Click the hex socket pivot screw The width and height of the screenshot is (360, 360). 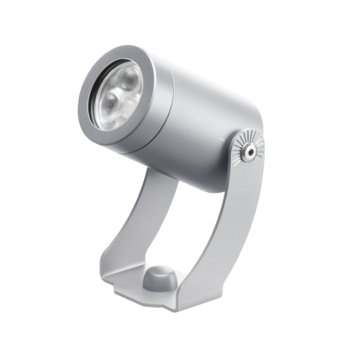[247, 151]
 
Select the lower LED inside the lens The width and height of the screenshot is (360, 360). [110, 103]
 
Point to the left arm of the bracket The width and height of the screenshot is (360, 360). [139, 225]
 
